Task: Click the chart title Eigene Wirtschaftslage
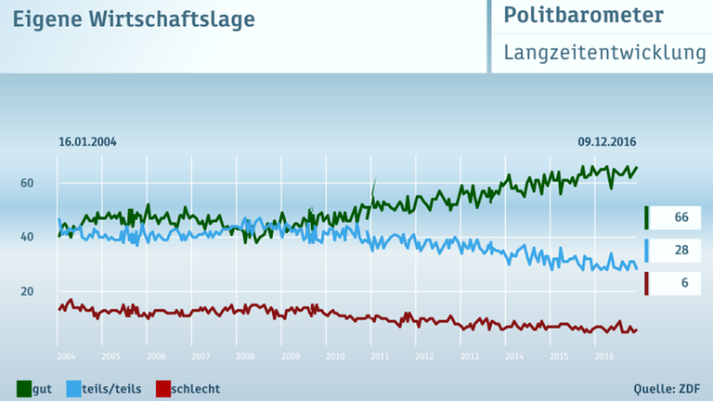(133, 19)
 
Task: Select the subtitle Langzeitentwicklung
(604, 52)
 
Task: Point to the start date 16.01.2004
(87, 142)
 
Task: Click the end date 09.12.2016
(607, 142)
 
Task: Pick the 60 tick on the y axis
(28, 183)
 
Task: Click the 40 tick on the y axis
(28, 238)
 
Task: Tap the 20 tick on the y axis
(28, 291)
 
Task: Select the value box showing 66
(681, 217)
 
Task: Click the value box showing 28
(681, 250)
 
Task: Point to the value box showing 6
(681, 282)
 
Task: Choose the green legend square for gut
(24, 388)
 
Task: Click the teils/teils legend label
(112, 388)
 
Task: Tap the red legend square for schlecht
(163, 388)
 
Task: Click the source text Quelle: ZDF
(666, 388)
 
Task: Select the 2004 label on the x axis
(66, 356)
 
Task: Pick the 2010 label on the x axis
(334, 356)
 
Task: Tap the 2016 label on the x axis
(603, 356)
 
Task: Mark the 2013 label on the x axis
(469, 356)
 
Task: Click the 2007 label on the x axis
(201, 356)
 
